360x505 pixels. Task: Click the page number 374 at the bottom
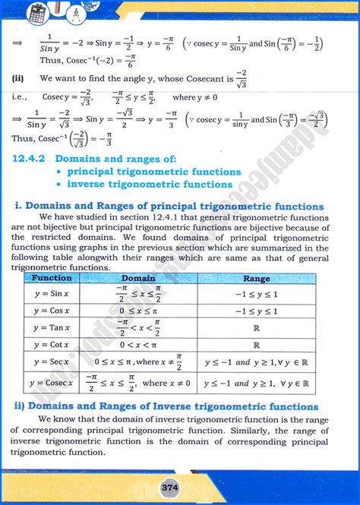pos(181,487)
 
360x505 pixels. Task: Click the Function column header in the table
pos(52,278)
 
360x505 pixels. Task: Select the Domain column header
pos(138,278)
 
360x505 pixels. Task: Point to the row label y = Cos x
pos(52,311)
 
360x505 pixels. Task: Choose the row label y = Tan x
pos(52,327)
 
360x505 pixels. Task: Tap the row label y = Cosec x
pos(52,383)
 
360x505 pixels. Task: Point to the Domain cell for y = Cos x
pos(138,311)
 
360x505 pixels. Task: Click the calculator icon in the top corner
pos(36,13)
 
